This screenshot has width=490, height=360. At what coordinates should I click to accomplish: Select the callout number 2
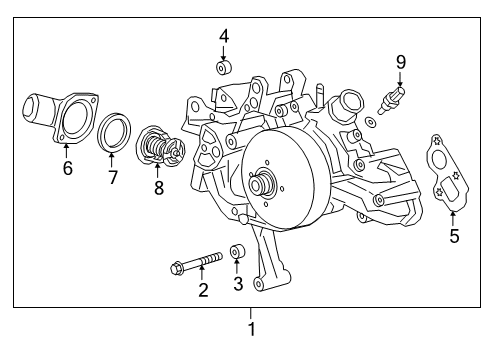click(203, 290)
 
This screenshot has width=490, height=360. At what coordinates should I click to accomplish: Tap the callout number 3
click(237, 284)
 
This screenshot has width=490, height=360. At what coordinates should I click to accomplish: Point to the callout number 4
click(224, 37)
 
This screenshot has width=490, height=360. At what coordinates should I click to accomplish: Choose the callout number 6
click(67, 168)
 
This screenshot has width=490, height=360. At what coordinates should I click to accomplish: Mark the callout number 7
click(113, 177)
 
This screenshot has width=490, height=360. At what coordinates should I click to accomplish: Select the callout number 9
click(401, 62)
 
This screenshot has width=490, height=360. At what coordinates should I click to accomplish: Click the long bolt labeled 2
click(194, 266)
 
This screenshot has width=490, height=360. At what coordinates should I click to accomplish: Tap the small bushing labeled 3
click(238, 252)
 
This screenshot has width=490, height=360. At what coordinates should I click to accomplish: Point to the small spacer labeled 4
click(225, 69)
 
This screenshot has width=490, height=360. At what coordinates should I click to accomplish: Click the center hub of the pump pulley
click(264, 184)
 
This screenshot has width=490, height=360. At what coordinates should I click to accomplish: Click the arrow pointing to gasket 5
click(453, 213)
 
